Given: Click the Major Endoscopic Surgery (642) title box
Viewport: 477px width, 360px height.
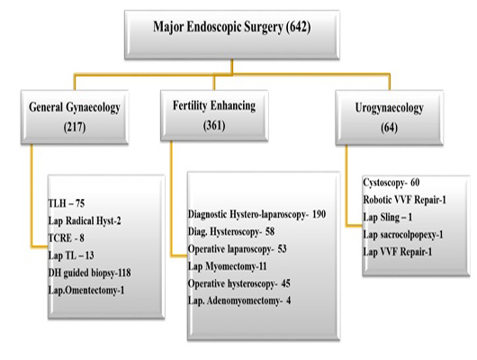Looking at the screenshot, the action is [232, 35].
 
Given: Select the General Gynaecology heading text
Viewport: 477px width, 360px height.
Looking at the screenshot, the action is [75, 107].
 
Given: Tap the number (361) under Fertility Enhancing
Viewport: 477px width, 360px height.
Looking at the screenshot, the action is [214, 125].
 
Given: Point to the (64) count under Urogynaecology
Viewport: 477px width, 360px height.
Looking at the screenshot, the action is [389, 128].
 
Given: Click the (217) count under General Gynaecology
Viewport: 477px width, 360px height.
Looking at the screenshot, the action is [75, 127].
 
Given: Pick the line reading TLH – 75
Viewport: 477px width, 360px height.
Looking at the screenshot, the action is [67, 203].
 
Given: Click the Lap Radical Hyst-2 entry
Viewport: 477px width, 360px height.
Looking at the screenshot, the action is [85, 220].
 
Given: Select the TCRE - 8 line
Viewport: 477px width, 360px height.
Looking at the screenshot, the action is [66, 238].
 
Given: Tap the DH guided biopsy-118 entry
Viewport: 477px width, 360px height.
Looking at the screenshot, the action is [89, 273].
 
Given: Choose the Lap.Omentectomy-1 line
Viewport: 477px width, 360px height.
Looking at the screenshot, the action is [86, 290].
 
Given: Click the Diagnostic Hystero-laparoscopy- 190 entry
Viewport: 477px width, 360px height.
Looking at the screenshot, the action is [257, 214].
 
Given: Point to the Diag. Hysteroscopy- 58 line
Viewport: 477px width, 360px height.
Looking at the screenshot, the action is [231, 232].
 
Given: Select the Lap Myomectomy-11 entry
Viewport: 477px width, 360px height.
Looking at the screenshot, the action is [227, 266].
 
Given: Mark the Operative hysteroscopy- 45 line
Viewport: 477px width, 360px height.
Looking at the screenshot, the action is [239, 283].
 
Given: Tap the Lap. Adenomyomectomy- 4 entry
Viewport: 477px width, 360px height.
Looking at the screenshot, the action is [239, 301].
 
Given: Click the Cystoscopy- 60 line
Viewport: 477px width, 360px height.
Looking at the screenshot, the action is [391, 183].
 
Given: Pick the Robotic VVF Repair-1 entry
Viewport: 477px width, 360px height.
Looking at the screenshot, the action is [405, 200].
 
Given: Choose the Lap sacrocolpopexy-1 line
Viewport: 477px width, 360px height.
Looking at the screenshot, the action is [403, 235].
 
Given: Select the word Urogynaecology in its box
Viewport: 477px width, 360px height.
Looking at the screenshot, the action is [390, 108].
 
